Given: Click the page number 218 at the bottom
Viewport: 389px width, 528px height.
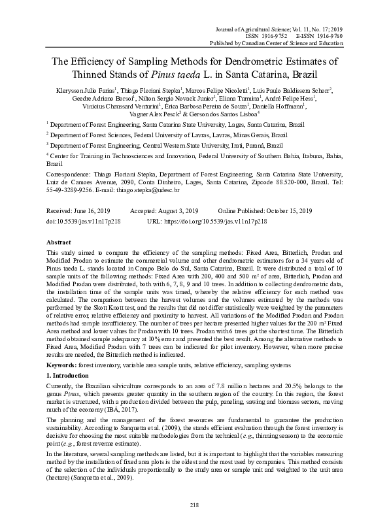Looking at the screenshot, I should pyautogui.click(x=194, y=505).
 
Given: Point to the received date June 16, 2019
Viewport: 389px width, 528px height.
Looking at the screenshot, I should pyautogui.click(x=95, y=212).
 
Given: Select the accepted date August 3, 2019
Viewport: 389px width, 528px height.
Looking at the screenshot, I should pyautogui.click(x=179, y=212).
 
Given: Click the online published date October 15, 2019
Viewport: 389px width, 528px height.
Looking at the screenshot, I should pyautogui.click(x=288, y=212).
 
